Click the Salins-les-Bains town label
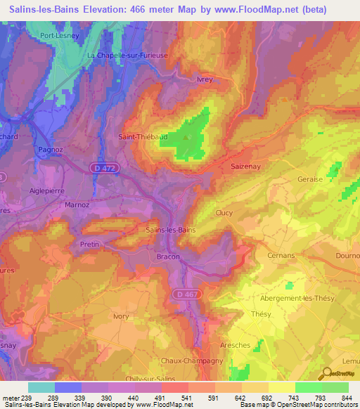pos(170,230)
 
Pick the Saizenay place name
pos(245,166)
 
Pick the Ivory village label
pos(122,316)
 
